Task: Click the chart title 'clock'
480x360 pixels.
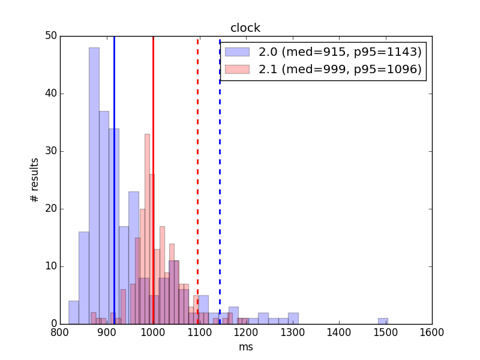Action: tap(245, 28)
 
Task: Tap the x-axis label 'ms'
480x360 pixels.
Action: tap(246, 347)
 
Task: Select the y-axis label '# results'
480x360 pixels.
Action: tap(35, 180)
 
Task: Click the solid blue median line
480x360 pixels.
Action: tap(114, 180)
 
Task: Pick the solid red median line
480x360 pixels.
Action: tap(154, 180)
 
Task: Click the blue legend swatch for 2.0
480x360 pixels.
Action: tap(237, 52)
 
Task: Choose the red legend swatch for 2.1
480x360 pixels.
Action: tap(237, 69)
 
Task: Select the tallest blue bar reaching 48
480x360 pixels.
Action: tap(94, 186)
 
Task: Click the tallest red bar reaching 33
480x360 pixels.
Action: tap(147, 229)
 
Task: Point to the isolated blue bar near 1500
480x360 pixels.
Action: tap(383, 321)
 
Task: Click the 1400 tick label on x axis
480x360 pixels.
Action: tap(339, 332)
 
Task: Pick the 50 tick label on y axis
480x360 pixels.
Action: tap(51, 36)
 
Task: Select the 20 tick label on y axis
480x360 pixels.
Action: tap(51, 209)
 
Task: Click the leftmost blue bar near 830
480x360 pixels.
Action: tap(74, 313)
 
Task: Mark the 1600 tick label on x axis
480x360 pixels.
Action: tap(432, 332)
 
